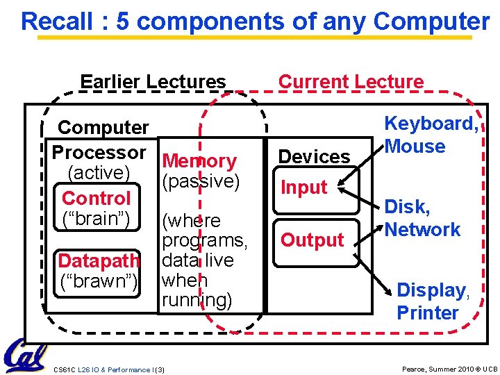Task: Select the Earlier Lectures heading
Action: click(153, 82)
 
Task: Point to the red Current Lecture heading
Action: click(351, 82)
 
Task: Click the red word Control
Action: click(96, 199)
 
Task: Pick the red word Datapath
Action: click(99, 261)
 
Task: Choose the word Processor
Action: click(99, 152)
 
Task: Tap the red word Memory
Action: click(199, 161)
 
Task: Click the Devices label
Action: click(314, 157)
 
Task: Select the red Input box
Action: click(303, 187)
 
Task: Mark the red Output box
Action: click(312, 240)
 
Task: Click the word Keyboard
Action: click(431, 124)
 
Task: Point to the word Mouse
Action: click(415, 147)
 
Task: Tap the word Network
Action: click(422, 230)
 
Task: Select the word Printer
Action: click(427, 312)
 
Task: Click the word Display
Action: click(431, 290)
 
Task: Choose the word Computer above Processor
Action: click(103, 128)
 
